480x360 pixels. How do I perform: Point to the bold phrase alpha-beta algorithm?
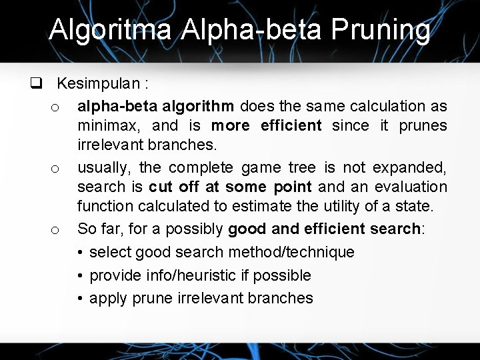pos(155,105)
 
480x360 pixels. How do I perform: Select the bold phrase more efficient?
pos(266,125)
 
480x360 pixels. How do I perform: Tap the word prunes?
pos(423,125)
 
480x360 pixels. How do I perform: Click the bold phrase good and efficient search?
pos(323,229)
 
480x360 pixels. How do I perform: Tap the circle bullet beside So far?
pos(56,231)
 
